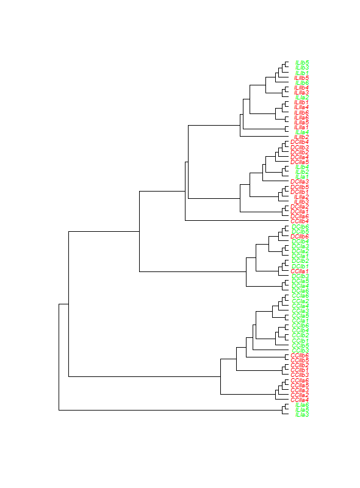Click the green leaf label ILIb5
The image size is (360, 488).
[x=302, y=62]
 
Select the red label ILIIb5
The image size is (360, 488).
[x=301, y=77]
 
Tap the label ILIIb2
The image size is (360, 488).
[x=301, y=137]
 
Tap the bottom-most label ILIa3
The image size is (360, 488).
[x=302, y=415]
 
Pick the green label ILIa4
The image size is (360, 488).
[x=302, y=132]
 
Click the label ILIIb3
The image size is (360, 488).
[x=301, y=201]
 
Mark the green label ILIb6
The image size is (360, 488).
[x=302, y=82]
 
